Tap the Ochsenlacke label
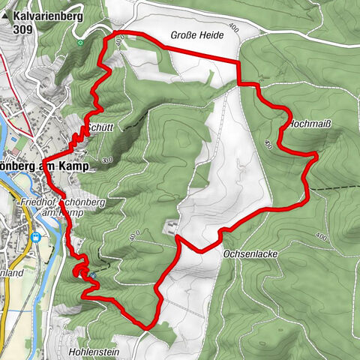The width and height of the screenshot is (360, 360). (250, 254)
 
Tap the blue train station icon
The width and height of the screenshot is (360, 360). (35, 237)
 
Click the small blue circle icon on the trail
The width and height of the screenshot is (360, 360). (92, 275)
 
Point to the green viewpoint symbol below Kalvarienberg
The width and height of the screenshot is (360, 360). (80, 43)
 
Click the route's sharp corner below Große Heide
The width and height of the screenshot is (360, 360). (239, 60)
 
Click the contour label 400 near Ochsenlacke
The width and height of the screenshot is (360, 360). (321, 238)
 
